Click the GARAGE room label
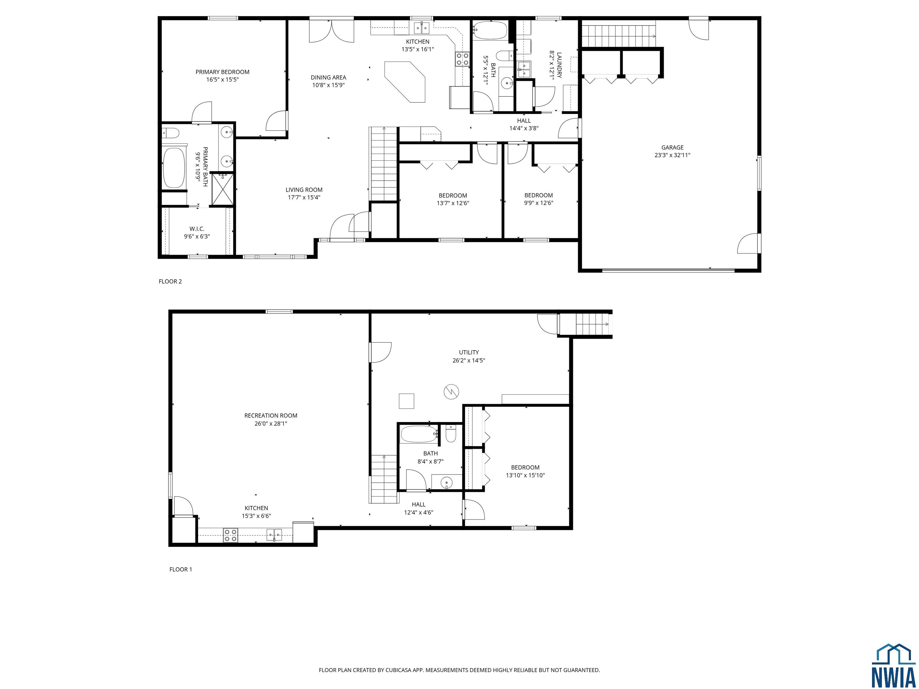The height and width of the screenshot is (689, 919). point(672,147)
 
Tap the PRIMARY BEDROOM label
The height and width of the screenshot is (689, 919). point(222,72)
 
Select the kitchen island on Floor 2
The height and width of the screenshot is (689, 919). point(405,82)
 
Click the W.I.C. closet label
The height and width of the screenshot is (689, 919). point(197,229)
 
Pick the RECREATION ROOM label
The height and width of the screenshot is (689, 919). point(271,415)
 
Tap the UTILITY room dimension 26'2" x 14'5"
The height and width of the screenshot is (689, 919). point(469,360)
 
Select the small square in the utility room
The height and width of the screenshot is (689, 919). point(406,401)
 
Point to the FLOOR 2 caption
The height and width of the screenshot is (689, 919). point(170,282)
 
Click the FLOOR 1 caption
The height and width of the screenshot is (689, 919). point(181,569)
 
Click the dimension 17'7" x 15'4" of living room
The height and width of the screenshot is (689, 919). point(304,198)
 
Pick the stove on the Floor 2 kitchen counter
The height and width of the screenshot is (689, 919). point(463,59)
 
